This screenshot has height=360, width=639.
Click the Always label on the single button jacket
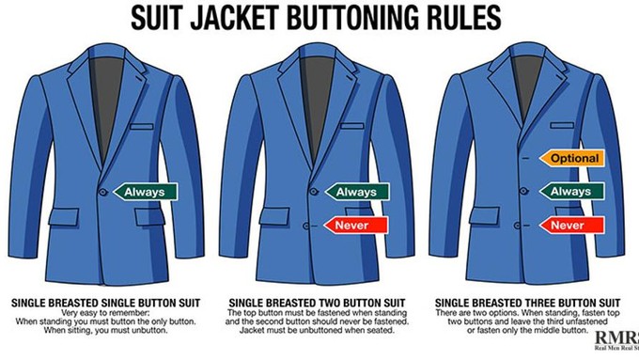pos(145,192)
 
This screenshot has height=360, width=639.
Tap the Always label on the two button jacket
pos(356,192)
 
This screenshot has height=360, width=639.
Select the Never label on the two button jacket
pos(356,226)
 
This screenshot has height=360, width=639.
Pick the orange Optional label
pos(571,158)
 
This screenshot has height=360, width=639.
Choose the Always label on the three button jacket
pos(571,192)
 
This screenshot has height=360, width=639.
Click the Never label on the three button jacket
pos(571,225)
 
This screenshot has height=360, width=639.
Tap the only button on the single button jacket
pos(103,192)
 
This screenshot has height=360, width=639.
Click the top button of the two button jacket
pos(313,191)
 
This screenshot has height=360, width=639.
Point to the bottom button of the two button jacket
pos(306,226)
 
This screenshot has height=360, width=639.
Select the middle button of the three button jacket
pos(524,191)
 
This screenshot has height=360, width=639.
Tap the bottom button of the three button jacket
pos(517,225)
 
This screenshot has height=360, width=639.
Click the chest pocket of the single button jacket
pos(142,126)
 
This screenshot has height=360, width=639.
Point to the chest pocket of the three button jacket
pos(562,125)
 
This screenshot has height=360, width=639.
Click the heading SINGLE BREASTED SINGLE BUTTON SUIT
pos(106,303)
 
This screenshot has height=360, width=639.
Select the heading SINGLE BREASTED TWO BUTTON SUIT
pos(317,303)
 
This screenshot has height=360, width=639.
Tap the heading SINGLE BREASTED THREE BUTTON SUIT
pos(528,303)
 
